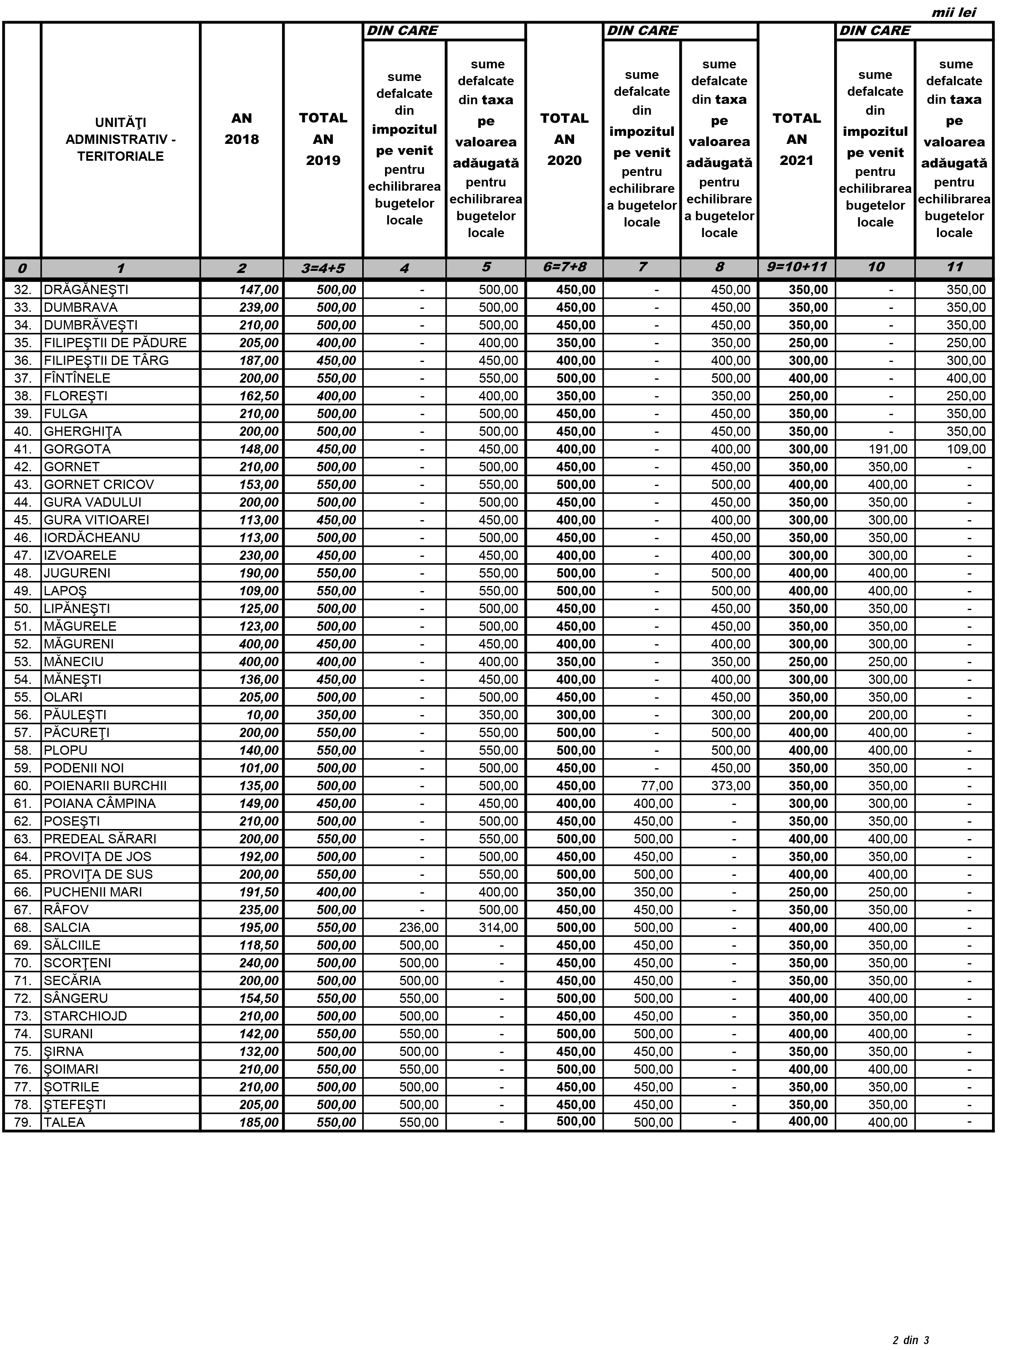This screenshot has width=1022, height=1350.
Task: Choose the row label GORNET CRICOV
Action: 99,485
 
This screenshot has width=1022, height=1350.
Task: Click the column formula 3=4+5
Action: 323,268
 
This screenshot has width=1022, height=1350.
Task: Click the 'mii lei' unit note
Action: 953,13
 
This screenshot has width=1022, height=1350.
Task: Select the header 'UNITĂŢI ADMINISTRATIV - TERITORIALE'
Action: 121,139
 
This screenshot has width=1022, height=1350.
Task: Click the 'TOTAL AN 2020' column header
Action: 564,139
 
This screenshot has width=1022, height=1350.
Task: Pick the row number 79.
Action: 23,1122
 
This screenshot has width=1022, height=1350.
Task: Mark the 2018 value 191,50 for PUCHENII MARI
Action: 259,892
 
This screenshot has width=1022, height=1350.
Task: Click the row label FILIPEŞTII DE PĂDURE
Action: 115,343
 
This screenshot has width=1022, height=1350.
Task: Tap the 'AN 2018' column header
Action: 242,129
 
